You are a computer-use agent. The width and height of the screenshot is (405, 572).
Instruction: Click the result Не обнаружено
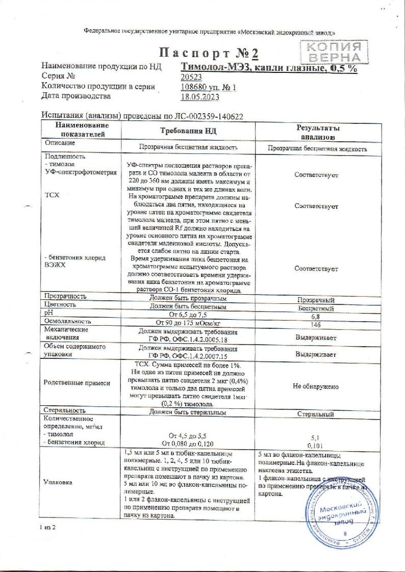316,386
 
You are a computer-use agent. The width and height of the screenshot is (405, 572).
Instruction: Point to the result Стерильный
316,414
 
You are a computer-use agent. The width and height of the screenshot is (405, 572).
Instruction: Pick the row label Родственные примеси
77,382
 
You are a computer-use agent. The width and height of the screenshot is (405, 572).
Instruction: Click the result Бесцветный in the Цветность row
316,308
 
